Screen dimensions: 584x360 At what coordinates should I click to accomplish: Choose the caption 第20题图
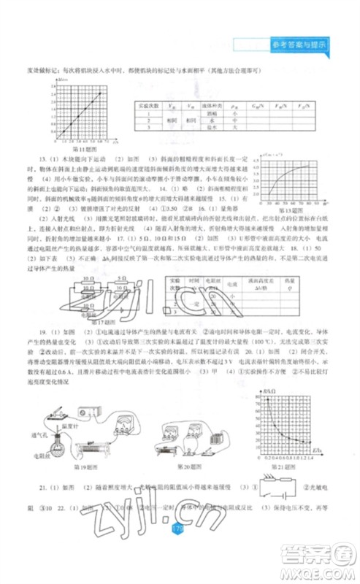click(192, 466)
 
